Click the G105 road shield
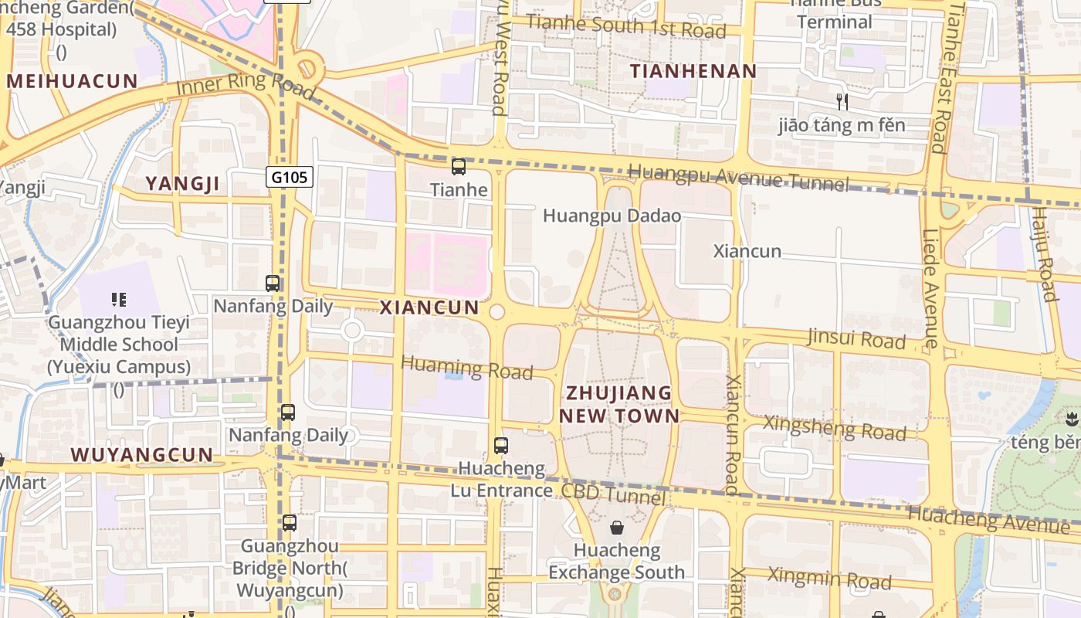[x=290, y=178]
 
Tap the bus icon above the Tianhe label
[x=459, y=166]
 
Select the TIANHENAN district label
[x=693, y=72]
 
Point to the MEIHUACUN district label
[x=73, y=81]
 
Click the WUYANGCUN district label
[x=142, y=454]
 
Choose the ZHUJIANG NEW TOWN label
[x=619, y=404]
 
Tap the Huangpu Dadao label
[x=612, y=216]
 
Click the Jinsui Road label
[x=856, y=338]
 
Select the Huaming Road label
[x=467, y=367]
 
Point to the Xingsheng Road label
[x=834, y=427]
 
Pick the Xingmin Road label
[x=829, y=578]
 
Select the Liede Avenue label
[x=931, y=287]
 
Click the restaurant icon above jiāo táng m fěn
[x=842, y=101]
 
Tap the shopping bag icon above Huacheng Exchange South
[x=617, y=528]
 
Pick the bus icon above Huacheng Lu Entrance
[x=501, y=445]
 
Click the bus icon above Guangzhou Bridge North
[x=290, y=523]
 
